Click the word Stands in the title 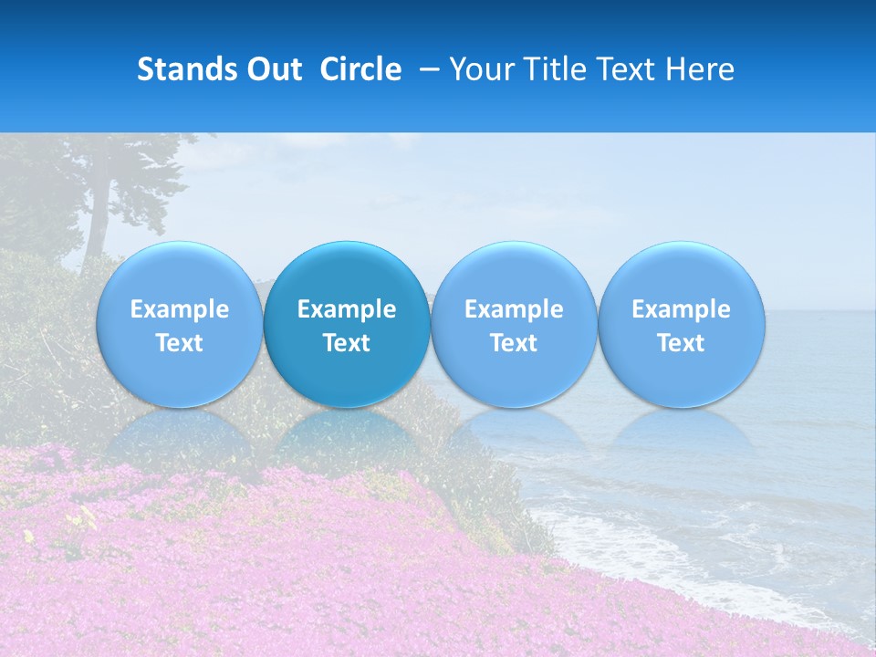click(188, 69)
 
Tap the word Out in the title click(274, 69)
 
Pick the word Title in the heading click(553, 69)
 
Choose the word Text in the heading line click(621, 69)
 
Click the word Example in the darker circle click(347, 309)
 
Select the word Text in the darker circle click(347, 343)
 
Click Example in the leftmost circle click(180, 309)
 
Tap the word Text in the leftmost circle click(180, 343)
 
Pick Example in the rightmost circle click(681, 309)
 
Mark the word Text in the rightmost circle click(681, 343)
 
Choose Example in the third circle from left click(514, 309)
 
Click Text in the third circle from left click(514, 343)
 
